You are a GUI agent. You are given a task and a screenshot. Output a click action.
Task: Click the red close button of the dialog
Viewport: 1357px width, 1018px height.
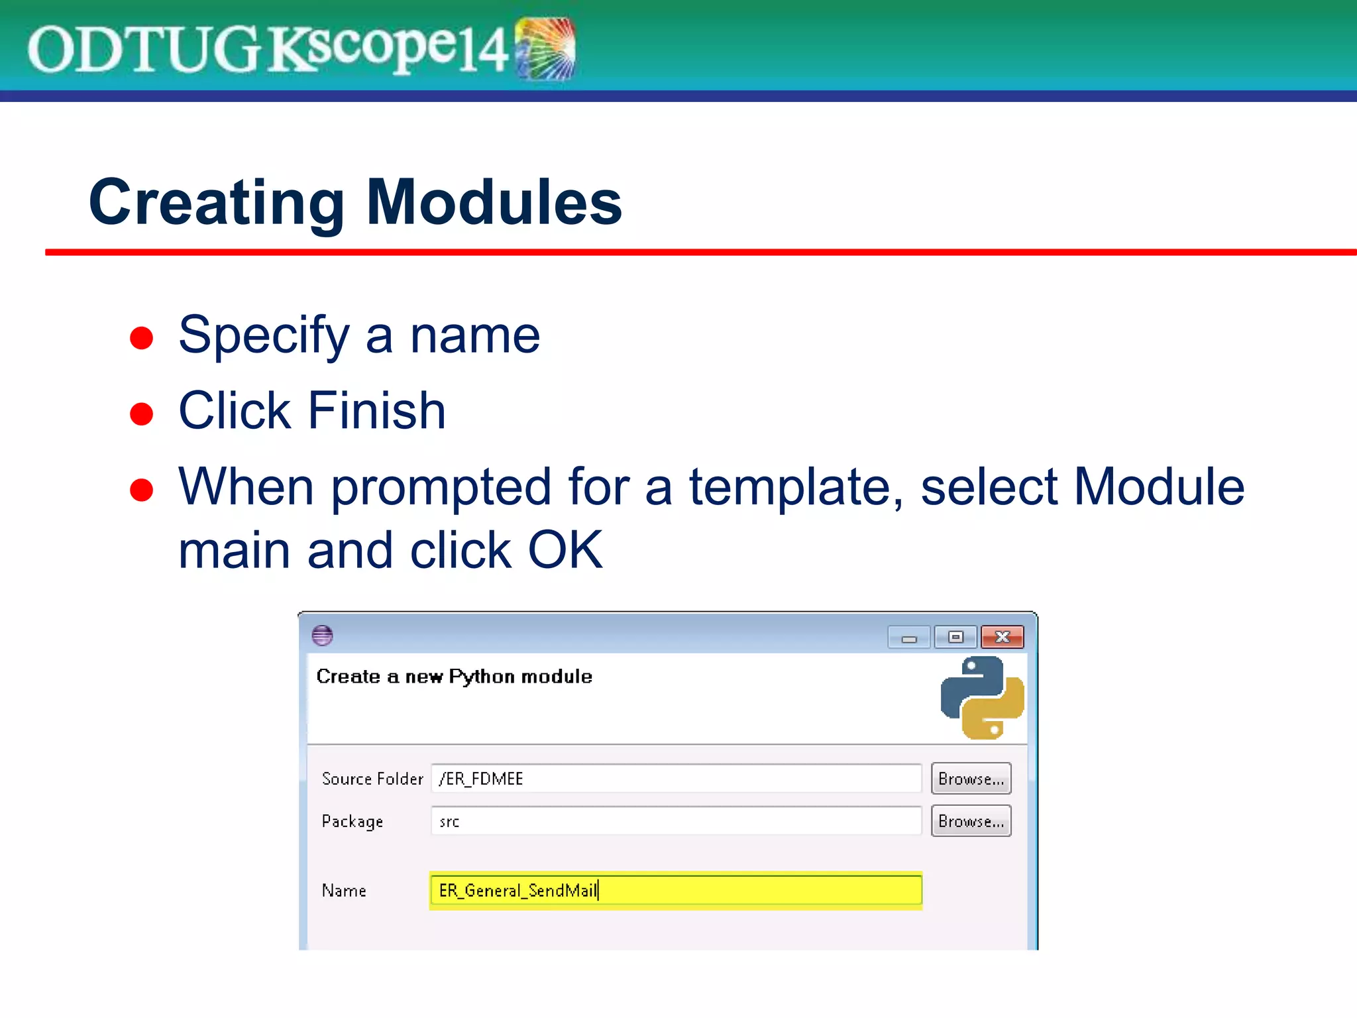[x=1002, y=637]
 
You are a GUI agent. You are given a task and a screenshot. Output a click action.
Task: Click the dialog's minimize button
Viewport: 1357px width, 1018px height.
[x=908, y=638]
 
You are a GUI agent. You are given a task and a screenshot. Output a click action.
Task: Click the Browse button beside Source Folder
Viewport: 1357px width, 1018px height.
[x=971, y=778]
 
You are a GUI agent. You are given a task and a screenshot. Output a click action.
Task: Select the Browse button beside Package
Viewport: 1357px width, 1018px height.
[x=971, y=821]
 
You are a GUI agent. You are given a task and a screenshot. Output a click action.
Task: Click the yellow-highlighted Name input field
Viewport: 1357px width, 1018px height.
[x=676, y=890]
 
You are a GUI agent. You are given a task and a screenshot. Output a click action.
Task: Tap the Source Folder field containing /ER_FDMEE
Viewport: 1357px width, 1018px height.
[x=676, y=778]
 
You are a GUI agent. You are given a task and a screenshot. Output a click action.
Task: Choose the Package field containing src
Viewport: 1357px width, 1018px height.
[x=676, y=821]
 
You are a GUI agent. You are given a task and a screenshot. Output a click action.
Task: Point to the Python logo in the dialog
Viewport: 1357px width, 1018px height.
[x=982, y=697]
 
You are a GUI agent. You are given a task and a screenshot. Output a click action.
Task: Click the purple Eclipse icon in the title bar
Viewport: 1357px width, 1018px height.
[x=322, y=636]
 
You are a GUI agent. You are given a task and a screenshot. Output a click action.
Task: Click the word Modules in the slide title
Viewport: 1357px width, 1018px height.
[x=494, y=202]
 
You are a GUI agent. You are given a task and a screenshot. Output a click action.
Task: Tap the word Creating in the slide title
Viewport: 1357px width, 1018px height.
[x=216, y=202]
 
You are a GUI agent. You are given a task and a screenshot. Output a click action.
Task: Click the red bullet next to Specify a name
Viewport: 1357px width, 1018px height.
[x=142, y=337]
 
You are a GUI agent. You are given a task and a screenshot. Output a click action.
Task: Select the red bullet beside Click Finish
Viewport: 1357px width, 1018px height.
[x=142, y=414]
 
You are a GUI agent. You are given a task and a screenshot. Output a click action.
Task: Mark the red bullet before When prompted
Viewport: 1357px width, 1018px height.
[x=142, y=490]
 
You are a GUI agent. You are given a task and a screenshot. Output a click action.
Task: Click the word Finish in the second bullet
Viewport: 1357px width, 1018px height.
[x=376, y=411]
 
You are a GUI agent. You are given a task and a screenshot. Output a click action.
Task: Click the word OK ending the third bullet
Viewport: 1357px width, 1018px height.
[x=565, y=550]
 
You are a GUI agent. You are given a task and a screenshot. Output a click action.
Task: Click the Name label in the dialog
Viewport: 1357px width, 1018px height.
[x=344, y=891]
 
